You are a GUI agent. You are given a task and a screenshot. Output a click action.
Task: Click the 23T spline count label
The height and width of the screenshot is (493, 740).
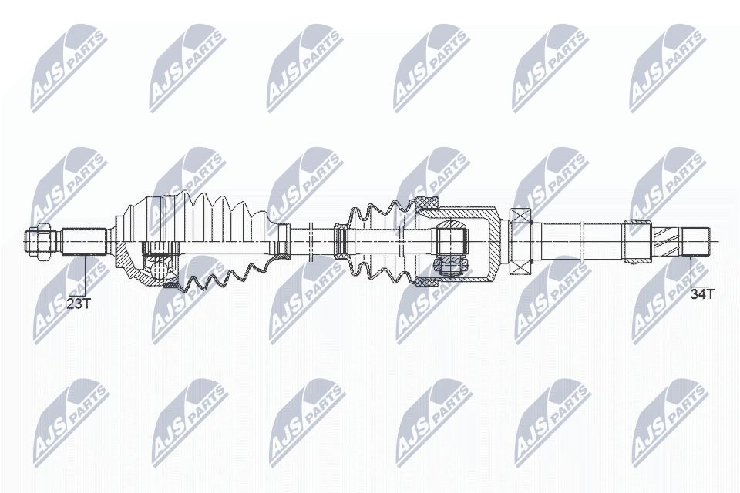78,304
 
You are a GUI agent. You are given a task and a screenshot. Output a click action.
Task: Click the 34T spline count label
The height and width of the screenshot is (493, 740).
701,293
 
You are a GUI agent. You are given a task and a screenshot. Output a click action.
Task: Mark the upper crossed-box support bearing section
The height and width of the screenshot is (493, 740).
522,216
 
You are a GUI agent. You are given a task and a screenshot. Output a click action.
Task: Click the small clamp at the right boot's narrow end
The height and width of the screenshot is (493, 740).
340,240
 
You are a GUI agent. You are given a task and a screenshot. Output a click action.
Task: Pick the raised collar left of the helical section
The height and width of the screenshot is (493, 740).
637,240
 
